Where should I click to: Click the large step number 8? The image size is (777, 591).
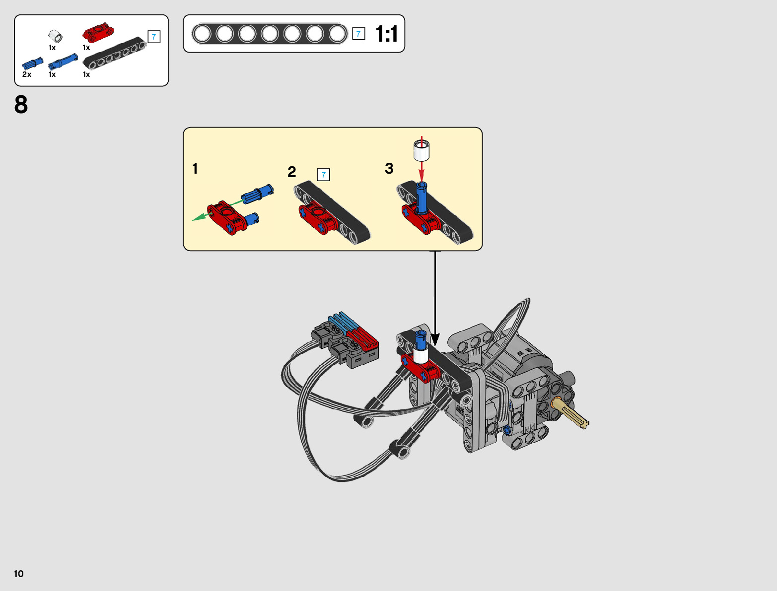coord(21,105)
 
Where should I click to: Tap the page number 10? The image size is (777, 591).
coord(19,574)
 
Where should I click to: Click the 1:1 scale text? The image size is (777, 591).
coord(386,34)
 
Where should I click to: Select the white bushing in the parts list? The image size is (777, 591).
coord(55,37)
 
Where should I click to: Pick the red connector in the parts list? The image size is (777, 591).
coord(98,33)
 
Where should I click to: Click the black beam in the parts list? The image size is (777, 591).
coord(114,53)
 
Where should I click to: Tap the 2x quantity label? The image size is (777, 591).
coord(27,74)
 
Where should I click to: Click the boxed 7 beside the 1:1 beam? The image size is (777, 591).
coord(358,34)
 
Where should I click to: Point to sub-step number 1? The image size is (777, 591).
coord(195,169)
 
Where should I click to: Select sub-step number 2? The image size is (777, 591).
coord(292,172)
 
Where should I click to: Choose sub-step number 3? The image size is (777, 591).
coord(389,169)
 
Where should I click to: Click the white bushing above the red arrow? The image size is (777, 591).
coord(422,150)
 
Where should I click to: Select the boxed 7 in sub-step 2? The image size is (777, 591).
coord(323,175)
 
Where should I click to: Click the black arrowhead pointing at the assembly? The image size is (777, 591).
coord(435,340)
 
